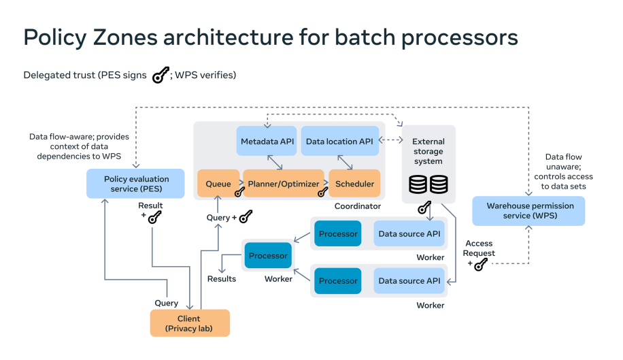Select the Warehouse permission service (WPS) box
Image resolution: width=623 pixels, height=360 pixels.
[x=528, y=211]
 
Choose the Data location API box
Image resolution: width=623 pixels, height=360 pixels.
[x=340, y=141]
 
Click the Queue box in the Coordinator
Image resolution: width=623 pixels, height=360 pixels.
[x=218, y=184]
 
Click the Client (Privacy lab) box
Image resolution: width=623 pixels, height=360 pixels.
[x=190, y=323]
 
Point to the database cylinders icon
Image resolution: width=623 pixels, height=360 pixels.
[x=428, y=184]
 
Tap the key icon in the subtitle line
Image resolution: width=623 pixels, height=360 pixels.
[x=159, y=76]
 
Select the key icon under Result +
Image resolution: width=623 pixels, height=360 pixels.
[x=154, y=218]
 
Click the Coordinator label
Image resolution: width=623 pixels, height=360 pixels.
[x=358, y=206]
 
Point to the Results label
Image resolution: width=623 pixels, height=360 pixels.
[x=222, y=279]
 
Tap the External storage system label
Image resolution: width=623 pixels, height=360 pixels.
[x=428, y=151]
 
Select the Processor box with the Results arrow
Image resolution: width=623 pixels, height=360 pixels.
[x=268, y=256]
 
